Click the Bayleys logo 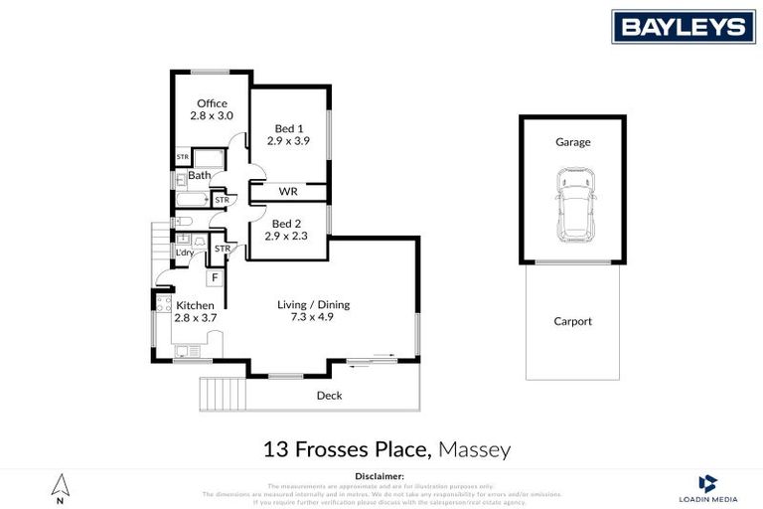coord(683,26)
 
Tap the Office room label coord(212,103)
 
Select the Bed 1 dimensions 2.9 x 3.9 coord(288,141)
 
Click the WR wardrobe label coord(288,191)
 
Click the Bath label coord(199,176)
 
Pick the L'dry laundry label coord(185,253)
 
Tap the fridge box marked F coord(215,278)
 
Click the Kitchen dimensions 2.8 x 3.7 coord(195,318)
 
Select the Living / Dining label coord(313,305)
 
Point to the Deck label coord(329,396)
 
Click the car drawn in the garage coord(574,204)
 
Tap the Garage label coord(573,142)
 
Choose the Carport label coord(572,321)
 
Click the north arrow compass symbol coord(61,487)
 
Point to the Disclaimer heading coord(381,477)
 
